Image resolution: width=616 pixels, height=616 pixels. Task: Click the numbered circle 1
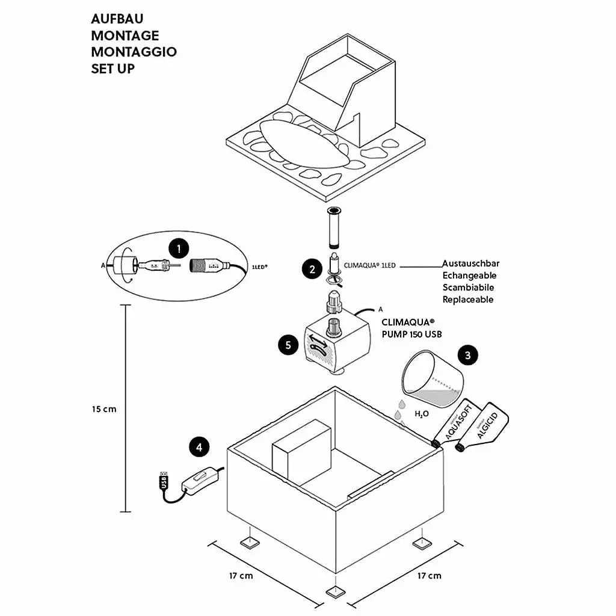[x=179, y=248]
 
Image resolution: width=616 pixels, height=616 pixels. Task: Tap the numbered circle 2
[x=312, y=269]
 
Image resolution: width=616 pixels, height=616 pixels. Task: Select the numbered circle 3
[x=468, y=355]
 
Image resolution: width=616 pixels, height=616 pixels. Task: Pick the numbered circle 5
[x=288, y=345]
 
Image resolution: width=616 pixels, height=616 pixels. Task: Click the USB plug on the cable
[x=164, y=480]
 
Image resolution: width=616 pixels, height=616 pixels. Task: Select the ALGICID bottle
[x=483, y=428]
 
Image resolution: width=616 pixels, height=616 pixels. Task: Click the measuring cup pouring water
[x=432, y=377]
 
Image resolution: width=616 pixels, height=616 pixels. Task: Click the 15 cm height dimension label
[x=104, y=409]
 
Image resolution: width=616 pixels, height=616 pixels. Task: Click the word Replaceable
[x=468, y=300]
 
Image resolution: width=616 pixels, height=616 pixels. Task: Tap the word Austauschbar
[x=470, y=263]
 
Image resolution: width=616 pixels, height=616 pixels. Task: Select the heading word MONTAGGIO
[x=134, y=52]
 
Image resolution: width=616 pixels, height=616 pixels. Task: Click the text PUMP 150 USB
[x=412, y=334]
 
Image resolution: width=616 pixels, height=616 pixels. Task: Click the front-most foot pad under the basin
[x=336, y=593]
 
